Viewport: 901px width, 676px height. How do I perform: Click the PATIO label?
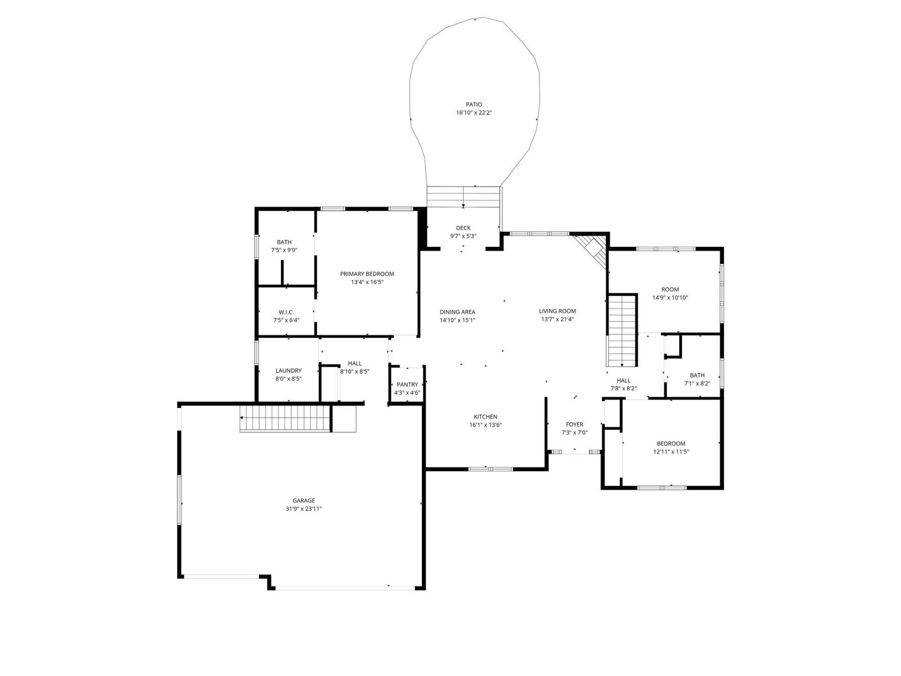[x=473, y=104]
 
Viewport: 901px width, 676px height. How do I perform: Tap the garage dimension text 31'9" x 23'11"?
[x=304, y=508]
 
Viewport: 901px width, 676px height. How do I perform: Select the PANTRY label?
[x=407, y=384]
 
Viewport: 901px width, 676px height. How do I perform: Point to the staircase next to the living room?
[x=622, y=331]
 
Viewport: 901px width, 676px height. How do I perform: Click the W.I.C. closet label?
[x=286, y=312]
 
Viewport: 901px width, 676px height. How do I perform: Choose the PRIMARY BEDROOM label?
[x=367, y=274]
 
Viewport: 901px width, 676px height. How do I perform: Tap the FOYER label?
[x=574, y=424]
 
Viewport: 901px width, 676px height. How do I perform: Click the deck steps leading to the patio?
[x=463, y=197]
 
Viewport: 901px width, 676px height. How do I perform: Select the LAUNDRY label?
[x=288, y=370]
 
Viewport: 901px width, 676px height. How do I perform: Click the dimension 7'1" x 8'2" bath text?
[x=697, y=383]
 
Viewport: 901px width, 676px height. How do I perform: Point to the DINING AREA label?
[x=457, y=312]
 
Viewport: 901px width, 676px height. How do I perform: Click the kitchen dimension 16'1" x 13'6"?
[x=485, y=425]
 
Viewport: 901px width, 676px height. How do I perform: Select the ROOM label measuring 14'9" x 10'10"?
[x=670, y=289]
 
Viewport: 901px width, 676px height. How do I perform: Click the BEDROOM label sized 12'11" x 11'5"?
[x=671, y=443]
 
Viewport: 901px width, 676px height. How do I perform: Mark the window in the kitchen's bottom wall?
[x=491, y=469]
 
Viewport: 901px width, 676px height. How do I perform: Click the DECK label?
[x=463, y=228]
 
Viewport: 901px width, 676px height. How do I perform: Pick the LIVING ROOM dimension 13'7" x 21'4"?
[x=557, y=319]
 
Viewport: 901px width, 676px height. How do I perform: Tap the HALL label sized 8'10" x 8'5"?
[x=355, y=363]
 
